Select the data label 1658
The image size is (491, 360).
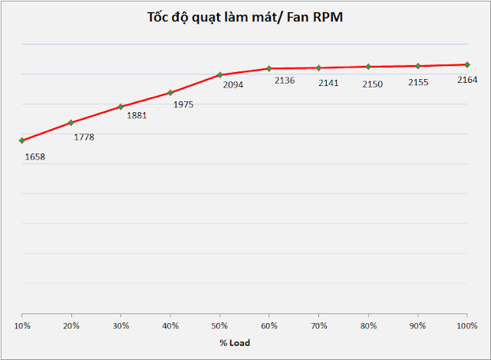point(35,157)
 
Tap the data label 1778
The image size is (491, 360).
point(84,137)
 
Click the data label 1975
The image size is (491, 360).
point(183,104)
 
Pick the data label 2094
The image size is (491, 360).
point(232,85)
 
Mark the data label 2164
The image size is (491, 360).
point(467,80)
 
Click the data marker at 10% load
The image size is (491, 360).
point(22,140)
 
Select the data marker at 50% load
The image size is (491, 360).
point(219,74)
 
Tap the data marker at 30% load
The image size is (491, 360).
point(120,106)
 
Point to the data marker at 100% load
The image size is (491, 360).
point(467,64)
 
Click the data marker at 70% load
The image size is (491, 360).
point(318,68)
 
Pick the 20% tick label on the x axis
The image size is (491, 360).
point(71,325)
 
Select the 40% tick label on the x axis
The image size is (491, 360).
point(170,325)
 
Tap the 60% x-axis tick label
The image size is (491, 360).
point(269,325)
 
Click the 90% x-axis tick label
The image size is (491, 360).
point(417,325)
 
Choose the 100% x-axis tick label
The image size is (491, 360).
point(466,325)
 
